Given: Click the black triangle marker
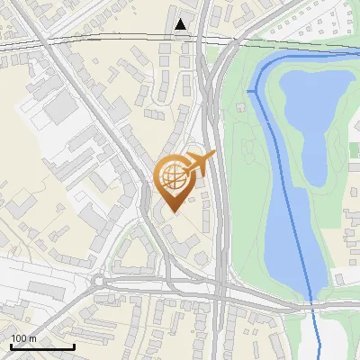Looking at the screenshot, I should pos(183,24).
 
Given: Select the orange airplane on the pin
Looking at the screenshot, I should pos(202,163).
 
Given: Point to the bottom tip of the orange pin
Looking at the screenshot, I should pos(175,212).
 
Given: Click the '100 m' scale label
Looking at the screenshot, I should pos(23,338).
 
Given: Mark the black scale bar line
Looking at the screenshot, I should pos(41,346).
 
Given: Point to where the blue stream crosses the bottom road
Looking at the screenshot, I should pos(313,304).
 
